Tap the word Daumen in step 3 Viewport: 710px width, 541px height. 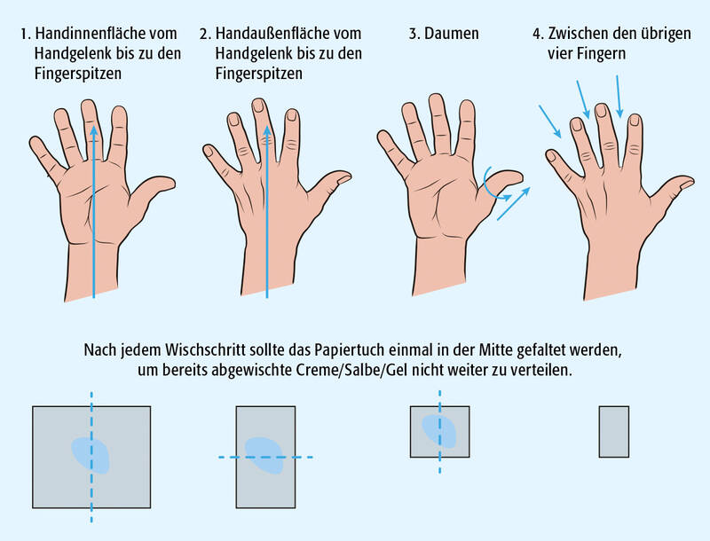pyautogui.click(x=452, y=34)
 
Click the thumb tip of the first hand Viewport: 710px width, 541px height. pyautogui.click(x=170, y=183)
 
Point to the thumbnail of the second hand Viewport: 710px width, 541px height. pyautogui.click(x=344, y=178)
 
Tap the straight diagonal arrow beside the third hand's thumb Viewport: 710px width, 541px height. pyautogui.click(x=514, y=204)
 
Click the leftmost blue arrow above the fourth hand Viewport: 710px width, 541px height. pyautogui.click(x=549, y=122)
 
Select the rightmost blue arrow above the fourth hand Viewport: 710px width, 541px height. pyautogui.click(x=619, y=97)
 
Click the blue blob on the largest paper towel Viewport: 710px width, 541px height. pyautogui.click(x=91, y=456)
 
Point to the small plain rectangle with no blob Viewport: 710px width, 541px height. pyautogui.click(x=614, y=432)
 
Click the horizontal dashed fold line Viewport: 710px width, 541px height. pyautogui.click(x=265, y=458)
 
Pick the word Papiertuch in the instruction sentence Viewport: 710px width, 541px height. pyautogui.click(x=350, y=350)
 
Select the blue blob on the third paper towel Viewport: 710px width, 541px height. pyautogui.click(x=439, y=432)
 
